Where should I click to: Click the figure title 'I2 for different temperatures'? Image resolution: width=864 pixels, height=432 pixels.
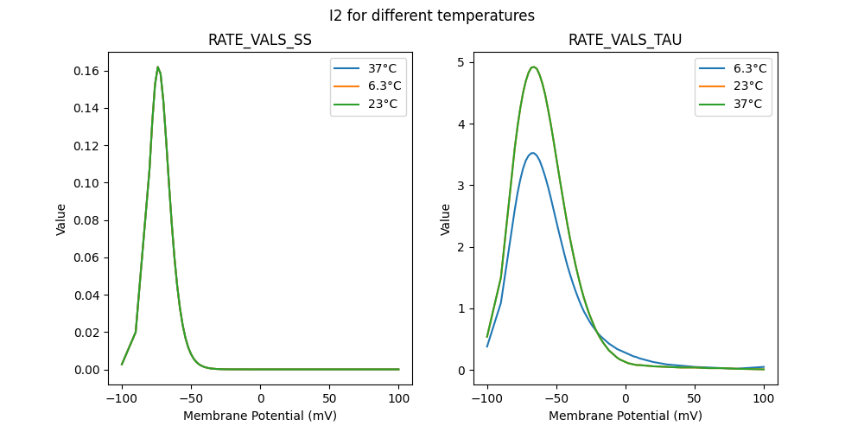pyautogui.click(x=432, y=16)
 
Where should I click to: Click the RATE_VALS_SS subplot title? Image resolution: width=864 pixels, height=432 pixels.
pyautogui.click(x=260, y=40)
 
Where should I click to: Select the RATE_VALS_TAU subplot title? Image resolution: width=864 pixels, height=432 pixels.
pyautogui.click(x=625, y=40)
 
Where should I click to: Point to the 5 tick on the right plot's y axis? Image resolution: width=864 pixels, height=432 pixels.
pyautogui.click(x=461, y=62)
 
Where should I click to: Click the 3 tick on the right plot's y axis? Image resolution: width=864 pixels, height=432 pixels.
pyautogui.click(x=461, y=186)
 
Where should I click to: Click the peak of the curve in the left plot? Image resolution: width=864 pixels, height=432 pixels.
pyautogui.click(x=157, y=67)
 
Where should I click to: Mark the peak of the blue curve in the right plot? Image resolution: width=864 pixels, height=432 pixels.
pyautogui.click(x=533, y=153)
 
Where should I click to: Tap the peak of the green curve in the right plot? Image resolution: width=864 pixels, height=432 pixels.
pyautogui.click(x=533, y=67)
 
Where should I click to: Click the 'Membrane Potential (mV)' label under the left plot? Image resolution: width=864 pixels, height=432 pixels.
pyautogui.click(x=260, y=416)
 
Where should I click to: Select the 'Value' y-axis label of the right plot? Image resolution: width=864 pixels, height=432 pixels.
pyautogui.click(x=446, y=219)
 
